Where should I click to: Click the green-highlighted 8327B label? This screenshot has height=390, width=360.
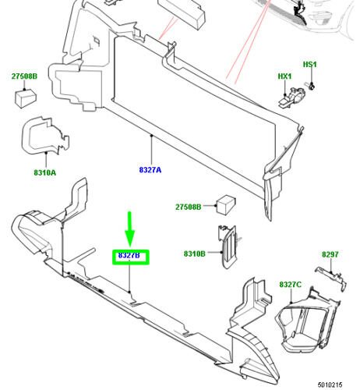[129, 255]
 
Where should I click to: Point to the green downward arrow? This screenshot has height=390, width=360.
[129, 229]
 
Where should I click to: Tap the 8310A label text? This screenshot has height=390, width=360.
[44, 172]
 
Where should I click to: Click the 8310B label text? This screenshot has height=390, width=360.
[194, 253]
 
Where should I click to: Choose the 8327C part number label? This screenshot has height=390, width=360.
[291, 285]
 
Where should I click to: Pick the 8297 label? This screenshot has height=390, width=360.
[331, 254]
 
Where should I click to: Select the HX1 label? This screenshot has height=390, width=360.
[284, 76]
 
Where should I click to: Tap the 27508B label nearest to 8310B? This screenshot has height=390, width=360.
[188, 207]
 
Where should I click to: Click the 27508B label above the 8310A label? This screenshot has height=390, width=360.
[24, 76]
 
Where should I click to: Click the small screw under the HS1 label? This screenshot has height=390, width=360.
[310, 84]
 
